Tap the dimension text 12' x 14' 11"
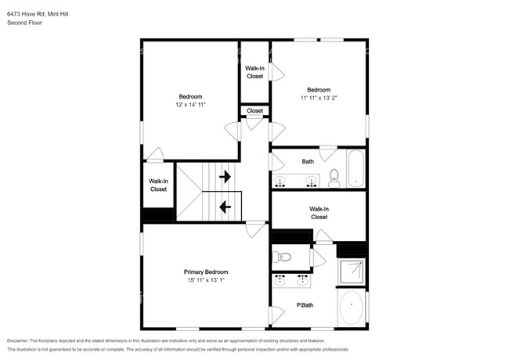[191, 104]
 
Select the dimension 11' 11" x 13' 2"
[318, 98]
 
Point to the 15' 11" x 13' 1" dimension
[206, 280]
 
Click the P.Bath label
[305, 305]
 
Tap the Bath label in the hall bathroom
[308, 161]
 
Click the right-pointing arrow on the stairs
[226, 177]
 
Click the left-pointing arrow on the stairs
[226, 207]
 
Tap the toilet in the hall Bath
[334, 178]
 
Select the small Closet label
[255, 111]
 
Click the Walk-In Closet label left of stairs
[158, 185]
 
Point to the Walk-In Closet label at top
[254, 72]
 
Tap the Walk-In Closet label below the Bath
[319, 213]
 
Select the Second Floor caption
[25, 23]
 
